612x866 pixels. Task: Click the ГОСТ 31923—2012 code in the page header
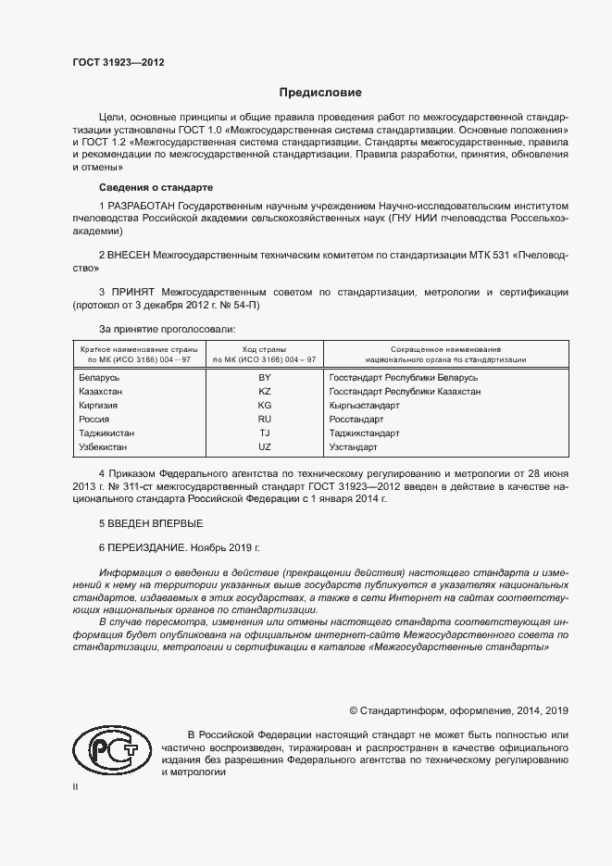point(118,63)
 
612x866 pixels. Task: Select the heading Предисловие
point(320,93)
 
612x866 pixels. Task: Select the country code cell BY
point(265,378)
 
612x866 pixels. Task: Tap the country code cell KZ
point(265,392)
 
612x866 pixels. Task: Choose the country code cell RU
point(265,420)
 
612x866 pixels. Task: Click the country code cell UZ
point(265,447)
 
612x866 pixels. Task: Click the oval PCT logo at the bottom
point(107,748)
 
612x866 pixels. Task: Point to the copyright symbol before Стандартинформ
point(354,710)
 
